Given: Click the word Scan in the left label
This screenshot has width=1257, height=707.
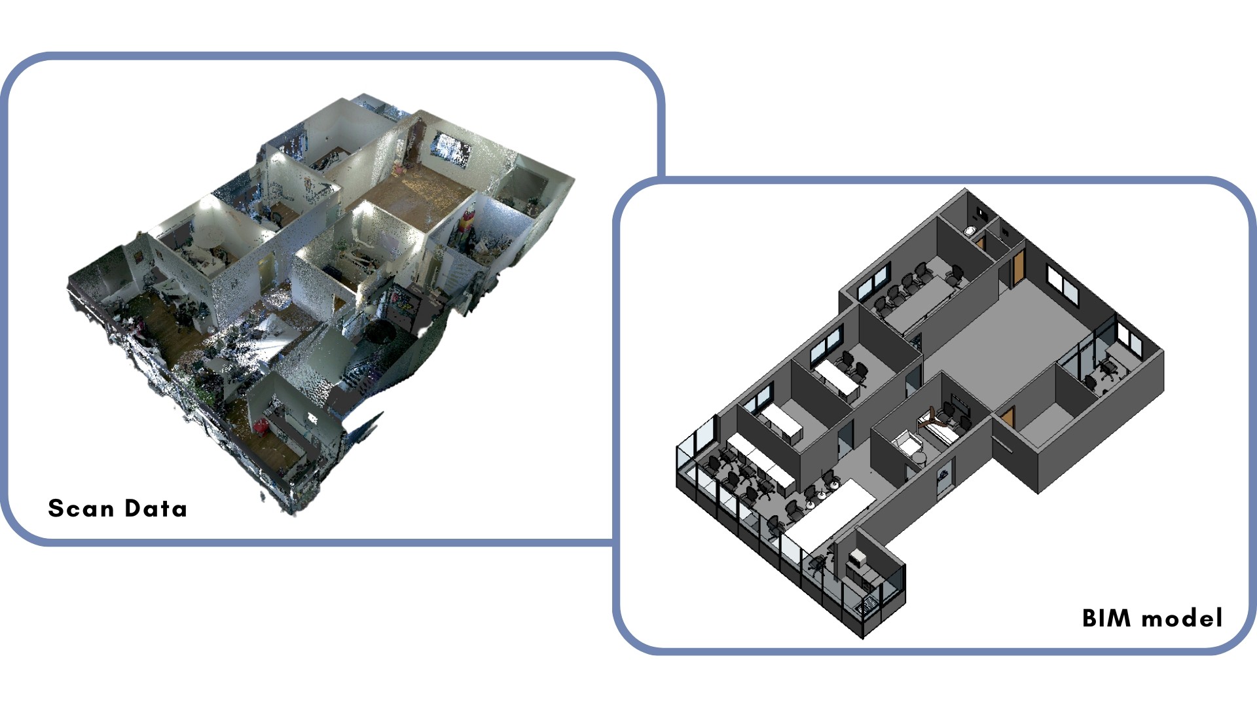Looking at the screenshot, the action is (81, 509).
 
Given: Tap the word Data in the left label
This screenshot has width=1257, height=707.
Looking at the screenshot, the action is (156, 509).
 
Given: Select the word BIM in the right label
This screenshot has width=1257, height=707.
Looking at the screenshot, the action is (1106, 618).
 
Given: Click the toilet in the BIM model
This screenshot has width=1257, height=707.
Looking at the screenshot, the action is (970, 231).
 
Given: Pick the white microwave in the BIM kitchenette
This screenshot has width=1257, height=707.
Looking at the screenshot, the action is (858, 558).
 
